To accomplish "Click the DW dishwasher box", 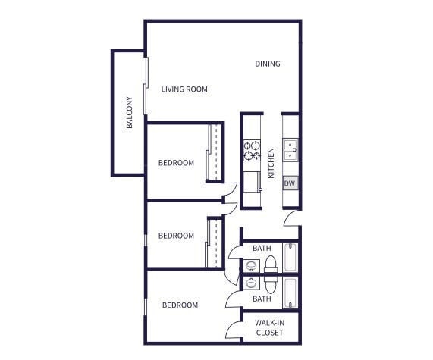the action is point(290,183).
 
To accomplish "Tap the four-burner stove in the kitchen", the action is point(252,151).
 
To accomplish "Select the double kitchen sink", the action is point(290,151).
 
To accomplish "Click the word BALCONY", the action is point(129,113).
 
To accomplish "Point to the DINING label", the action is point(268,64).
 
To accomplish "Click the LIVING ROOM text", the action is point(184,89).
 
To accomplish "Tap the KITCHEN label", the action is point(271,163).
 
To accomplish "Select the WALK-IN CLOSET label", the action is point(269,327).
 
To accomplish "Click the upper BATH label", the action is point(262,248).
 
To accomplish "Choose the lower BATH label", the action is point(262,299).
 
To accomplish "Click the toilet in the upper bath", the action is point(271,265).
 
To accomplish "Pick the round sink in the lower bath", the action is point(251,283).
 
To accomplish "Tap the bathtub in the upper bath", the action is point(290,257).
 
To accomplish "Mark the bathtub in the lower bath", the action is point(290,293).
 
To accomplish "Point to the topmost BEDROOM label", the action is point(176,163).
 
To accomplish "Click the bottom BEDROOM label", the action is point(180,305).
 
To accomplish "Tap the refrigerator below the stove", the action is point(252,182).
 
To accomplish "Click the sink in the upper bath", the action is point(251,265).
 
